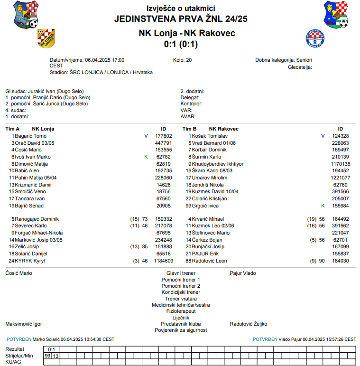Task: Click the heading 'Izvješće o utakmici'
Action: tap(181, 9)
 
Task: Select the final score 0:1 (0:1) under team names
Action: tap(181, 44)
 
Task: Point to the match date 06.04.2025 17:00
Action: tap(104, 60)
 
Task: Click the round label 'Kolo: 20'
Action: tap(183, 60)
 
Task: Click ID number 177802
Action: tap(163, 136)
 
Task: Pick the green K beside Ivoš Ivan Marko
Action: tap(146, 157)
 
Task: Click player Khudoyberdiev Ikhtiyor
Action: tap(217, 164)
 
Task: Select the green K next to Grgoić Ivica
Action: tap(323, 206)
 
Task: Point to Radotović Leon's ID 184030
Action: tap(340, 261)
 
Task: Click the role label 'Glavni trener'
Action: tap(181, 273)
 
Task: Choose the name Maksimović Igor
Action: tap(24, 324)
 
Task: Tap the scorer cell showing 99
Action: tap(47, 356)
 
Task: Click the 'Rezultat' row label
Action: tap(15, 349)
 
